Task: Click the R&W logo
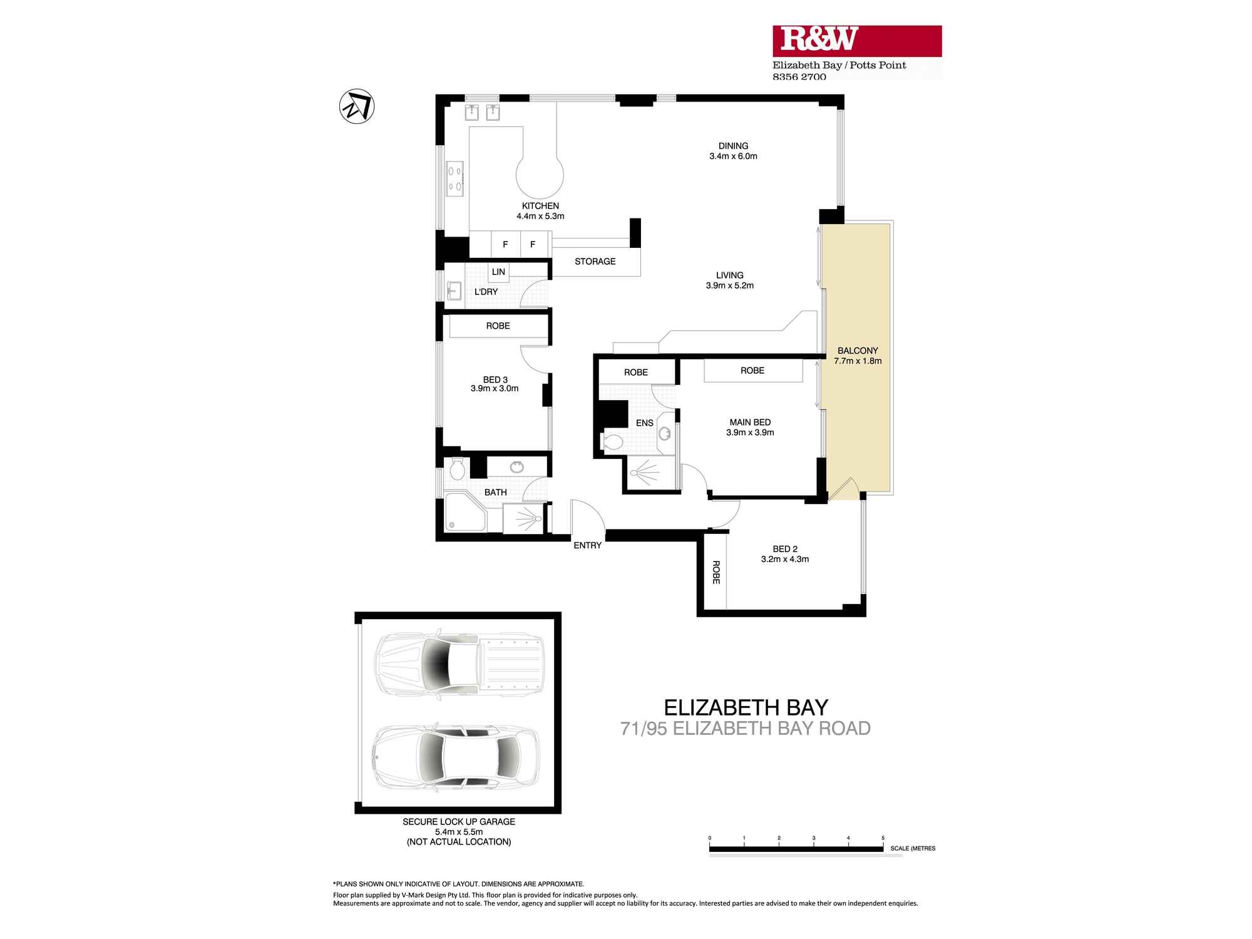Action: click(x=856, y=41)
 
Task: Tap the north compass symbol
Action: click(x=357, y=106)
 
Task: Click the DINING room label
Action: click(x=733, y=146)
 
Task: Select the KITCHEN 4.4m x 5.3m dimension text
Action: click(x=540, y=217)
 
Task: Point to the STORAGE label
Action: click(x=595, y=262)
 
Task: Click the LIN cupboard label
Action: click(x=498, y=272)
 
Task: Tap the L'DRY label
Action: click(x=486, y=292)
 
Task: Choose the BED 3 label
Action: click(x=495, y=379)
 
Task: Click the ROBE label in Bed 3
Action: click(x=498, y=326)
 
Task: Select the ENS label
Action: click(x=644, y=423)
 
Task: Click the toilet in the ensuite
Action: click(x=612, y=443)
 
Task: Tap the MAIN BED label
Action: click(x=750, y=423)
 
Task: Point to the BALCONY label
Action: click(x=858, y=351)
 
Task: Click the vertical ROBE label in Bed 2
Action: click(x=716, y=572)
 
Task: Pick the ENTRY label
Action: click(x=587, y=545)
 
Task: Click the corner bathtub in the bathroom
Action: click(x=464, y=512)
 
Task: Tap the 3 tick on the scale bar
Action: click(x=814, y=838)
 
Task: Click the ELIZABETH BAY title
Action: click(x=746, y=707)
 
